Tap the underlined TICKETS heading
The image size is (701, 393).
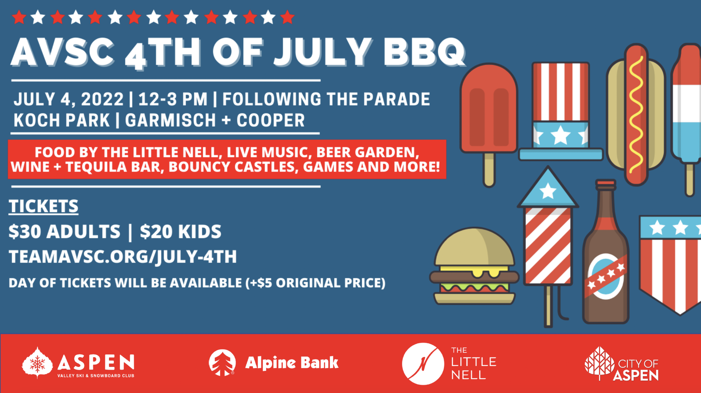[x=43, y=206]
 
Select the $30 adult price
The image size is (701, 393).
[x=64, y=232]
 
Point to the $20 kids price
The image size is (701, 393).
[x=181, y=232]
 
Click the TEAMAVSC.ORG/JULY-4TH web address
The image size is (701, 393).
[x=123, y=257]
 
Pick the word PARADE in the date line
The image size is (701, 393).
[x=396, y=99]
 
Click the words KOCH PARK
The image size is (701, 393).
[x=62, y=120]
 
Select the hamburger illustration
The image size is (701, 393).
[x=474, y=266]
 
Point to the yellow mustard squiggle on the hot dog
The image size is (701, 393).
[x=636, y=114]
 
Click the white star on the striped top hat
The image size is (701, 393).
[x=560, y=135]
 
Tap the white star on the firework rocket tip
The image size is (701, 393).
[x=548, y=191]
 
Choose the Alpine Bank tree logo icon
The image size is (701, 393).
[x=222, y=362]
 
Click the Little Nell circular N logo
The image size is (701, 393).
[x=423, y=364]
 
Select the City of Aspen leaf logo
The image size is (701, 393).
[x=600, y=363]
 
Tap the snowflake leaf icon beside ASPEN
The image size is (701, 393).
[x=37, y=363]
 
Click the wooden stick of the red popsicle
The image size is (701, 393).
[x=489, y=170]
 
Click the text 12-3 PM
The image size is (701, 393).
[x=173, y=99]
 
